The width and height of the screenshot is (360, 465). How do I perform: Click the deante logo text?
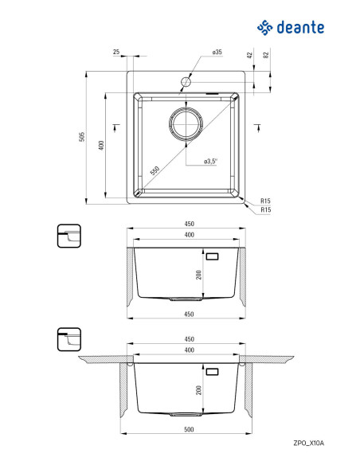click(x=300, y=27)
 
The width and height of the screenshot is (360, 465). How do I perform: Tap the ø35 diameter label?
click(x=217, y=52)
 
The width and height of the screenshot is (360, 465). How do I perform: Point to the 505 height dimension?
click(x=82, y=137)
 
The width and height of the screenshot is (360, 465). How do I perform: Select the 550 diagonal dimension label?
click(x=155, y=171)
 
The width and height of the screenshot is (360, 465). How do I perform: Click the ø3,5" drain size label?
click(x=210, y=162)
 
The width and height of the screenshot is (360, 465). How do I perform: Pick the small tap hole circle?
click(x=186, y=81)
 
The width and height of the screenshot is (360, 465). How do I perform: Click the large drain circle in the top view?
click(x=186, y=123)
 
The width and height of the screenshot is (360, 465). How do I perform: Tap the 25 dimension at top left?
click(x=116, y=52)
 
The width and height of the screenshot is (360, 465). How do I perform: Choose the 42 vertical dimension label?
click(x=249, y=55)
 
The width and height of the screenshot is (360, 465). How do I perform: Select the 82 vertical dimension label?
click(x=266, y=55)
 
